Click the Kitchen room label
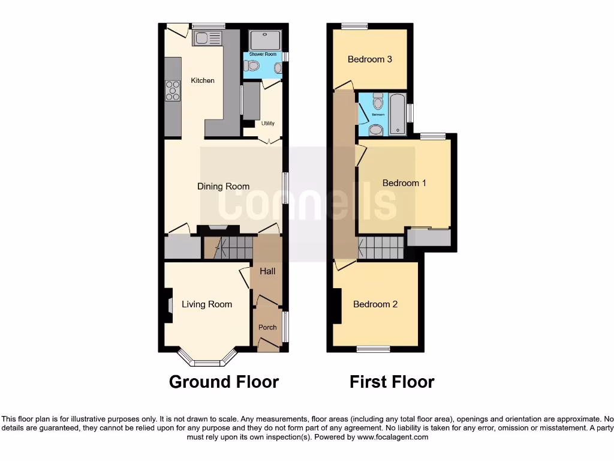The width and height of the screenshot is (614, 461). (203, 80)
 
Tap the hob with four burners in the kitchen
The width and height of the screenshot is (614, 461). (173, 91)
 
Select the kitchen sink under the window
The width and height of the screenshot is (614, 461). (206, 38)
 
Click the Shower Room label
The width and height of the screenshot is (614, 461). (262, 54)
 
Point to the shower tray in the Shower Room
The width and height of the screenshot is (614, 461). (264, 39)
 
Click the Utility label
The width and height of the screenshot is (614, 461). (267, 124)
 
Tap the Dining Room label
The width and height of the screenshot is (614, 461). (223, 187)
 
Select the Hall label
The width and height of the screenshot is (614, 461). (267, 271)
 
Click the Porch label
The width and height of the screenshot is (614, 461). (267, 327)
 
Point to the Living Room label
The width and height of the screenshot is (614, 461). (207, 304)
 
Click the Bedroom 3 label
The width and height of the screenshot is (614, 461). (370, 59)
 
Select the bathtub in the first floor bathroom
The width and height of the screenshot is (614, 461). (397, 113)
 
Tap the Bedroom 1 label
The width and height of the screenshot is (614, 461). (404, 182)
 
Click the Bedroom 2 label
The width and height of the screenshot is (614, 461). (375, 304)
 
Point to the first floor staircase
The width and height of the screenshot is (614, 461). (380, 247)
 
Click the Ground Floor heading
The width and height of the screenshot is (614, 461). (224, 382)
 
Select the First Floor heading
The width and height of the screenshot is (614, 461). (392, 382)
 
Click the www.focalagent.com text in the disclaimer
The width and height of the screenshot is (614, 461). (393, 438)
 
